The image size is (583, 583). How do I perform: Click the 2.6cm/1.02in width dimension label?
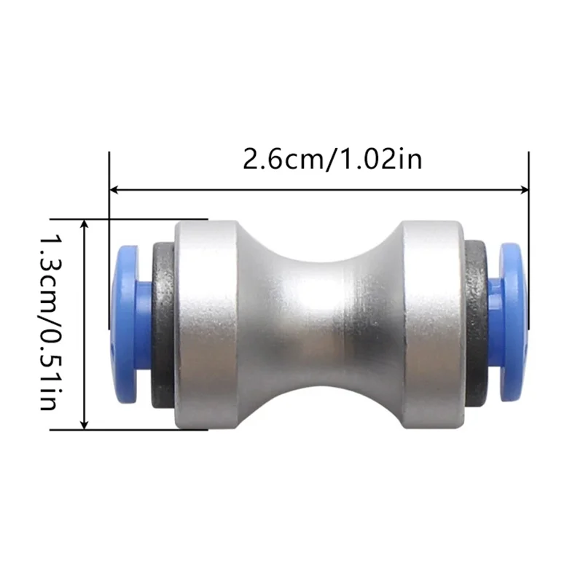pyautogui.click(x=332, y=159)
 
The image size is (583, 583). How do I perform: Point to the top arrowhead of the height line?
pyautogui.click(x=85, y=222)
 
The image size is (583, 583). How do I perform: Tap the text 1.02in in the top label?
pyautogui.click(x=381, y=159)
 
